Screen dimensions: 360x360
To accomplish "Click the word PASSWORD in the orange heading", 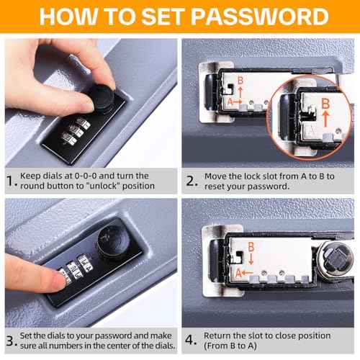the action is [x=260, y=17].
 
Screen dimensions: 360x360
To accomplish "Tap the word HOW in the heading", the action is [x=68, y=17].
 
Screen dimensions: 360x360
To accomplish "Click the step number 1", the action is [x=10, y=181].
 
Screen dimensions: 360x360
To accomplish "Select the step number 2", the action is [x=192, y=181].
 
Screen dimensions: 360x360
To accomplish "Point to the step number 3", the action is [x=11, y=341].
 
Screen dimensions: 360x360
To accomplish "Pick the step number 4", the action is [x=190, y=340].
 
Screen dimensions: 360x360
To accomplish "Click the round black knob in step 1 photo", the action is [x=102, y=97].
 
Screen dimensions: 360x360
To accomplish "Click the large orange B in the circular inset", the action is [x=325, y=104].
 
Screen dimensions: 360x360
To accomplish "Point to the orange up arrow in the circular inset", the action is [x=325, y=118].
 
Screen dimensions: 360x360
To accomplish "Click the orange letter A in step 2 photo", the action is [x=230, y=102].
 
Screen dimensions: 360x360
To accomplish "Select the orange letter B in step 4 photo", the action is [x=251, y=247].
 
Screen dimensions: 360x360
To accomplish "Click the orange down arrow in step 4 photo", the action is [x=251, y=259].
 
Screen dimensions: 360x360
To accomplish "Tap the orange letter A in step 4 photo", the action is [x=238, y=273].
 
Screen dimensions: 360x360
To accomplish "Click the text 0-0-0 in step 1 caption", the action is [x=86, y=176].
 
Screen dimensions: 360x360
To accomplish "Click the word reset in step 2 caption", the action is [x=215, y=186].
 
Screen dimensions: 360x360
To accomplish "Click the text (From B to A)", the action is [x=230, y=346].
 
